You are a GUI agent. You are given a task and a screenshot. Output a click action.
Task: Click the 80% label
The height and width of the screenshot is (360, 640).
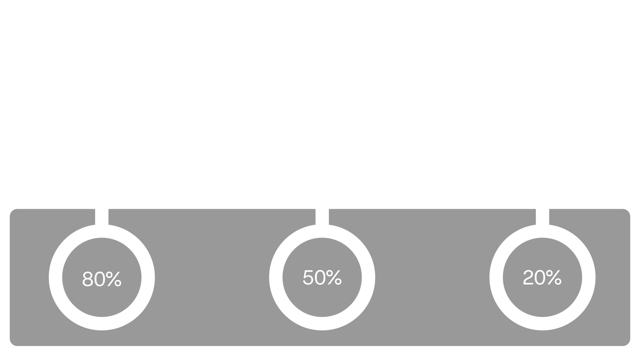pos(102,279)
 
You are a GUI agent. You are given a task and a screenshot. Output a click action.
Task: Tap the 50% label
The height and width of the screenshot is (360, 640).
pos(322,277)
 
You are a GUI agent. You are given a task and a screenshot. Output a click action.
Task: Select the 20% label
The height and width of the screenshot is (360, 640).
pos(542,277)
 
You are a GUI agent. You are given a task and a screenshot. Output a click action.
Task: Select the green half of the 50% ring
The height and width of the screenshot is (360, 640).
pos(368,277)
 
